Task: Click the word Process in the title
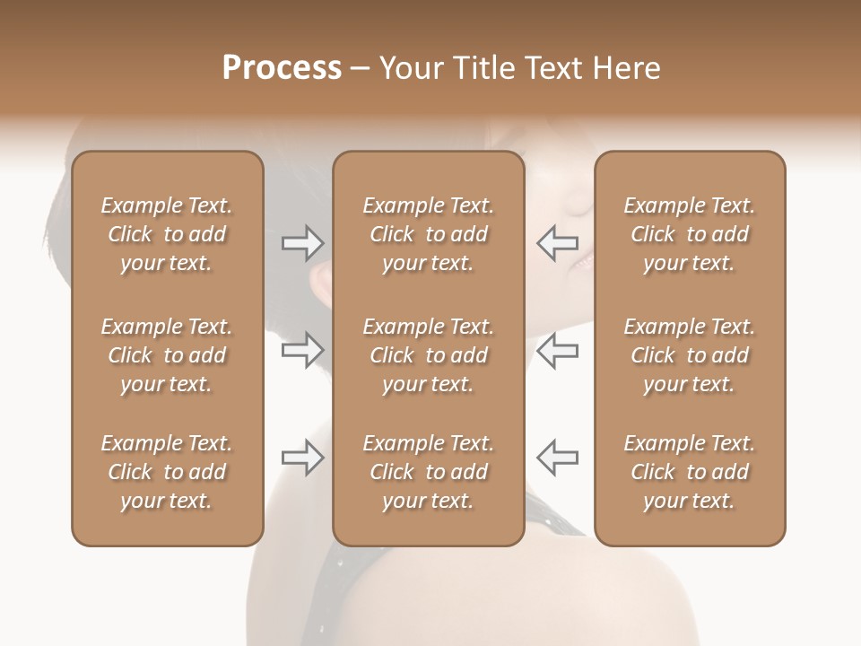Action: coord(282,68)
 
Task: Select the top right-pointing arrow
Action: coord(302,242)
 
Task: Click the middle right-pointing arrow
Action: coord(302,350)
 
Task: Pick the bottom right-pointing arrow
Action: coord(302,458)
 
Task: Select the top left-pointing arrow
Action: coord(557,242)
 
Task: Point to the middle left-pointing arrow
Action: coord(557,350)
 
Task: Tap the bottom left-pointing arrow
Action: coord(557,458)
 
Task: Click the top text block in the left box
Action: coord(167,234)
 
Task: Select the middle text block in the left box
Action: coord(167,355)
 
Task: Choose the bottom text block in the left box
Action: coord(167,472)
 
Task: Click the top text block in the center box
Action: coord(428,234)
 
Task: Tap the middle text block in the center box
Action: coord(428,355)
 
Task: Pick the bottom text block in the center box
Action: coord(428,472)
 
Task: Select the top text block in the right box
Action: coord(689,234)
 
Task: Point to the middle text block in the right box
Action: coord(689,355)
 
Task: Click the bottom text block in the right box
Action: coord(689,472)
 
